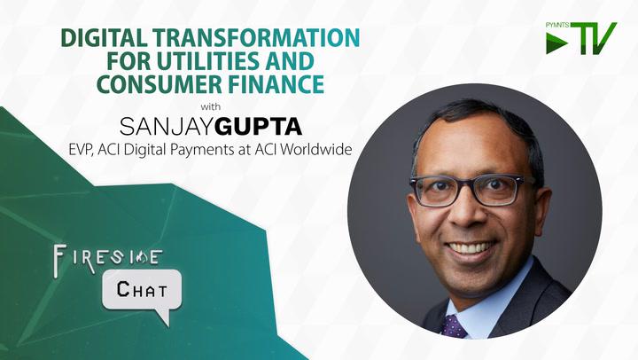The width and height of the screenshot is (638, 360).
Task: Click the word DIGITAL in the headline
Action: coord(105,38)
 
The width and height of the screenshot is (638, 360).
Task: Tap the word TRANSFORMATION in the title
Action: coord(256,38)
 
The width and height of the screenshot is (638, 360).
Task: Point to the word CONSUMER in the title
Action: coord(159,84)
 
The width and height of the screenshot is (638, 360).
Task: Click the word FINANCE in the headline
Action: coord(276,84)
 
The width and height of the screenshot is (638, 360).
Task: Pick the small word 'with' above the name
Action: coord(211,107)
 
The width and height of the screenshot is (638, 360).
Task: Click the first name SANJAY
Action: coord(167,127)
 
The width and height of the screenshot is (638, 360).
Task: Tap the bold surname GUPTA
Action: coord(259,127)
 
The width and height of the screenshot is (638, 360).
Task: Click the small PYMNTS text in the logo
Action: coord(557,25)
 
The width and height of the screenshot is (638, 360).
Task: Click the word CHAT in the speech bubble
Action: coord(142,290)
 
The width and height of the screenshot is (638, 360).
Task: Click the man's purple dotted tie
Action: coord(454,326)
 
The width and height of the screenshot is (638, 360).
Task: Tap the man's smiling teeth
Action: coord(471,247)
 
